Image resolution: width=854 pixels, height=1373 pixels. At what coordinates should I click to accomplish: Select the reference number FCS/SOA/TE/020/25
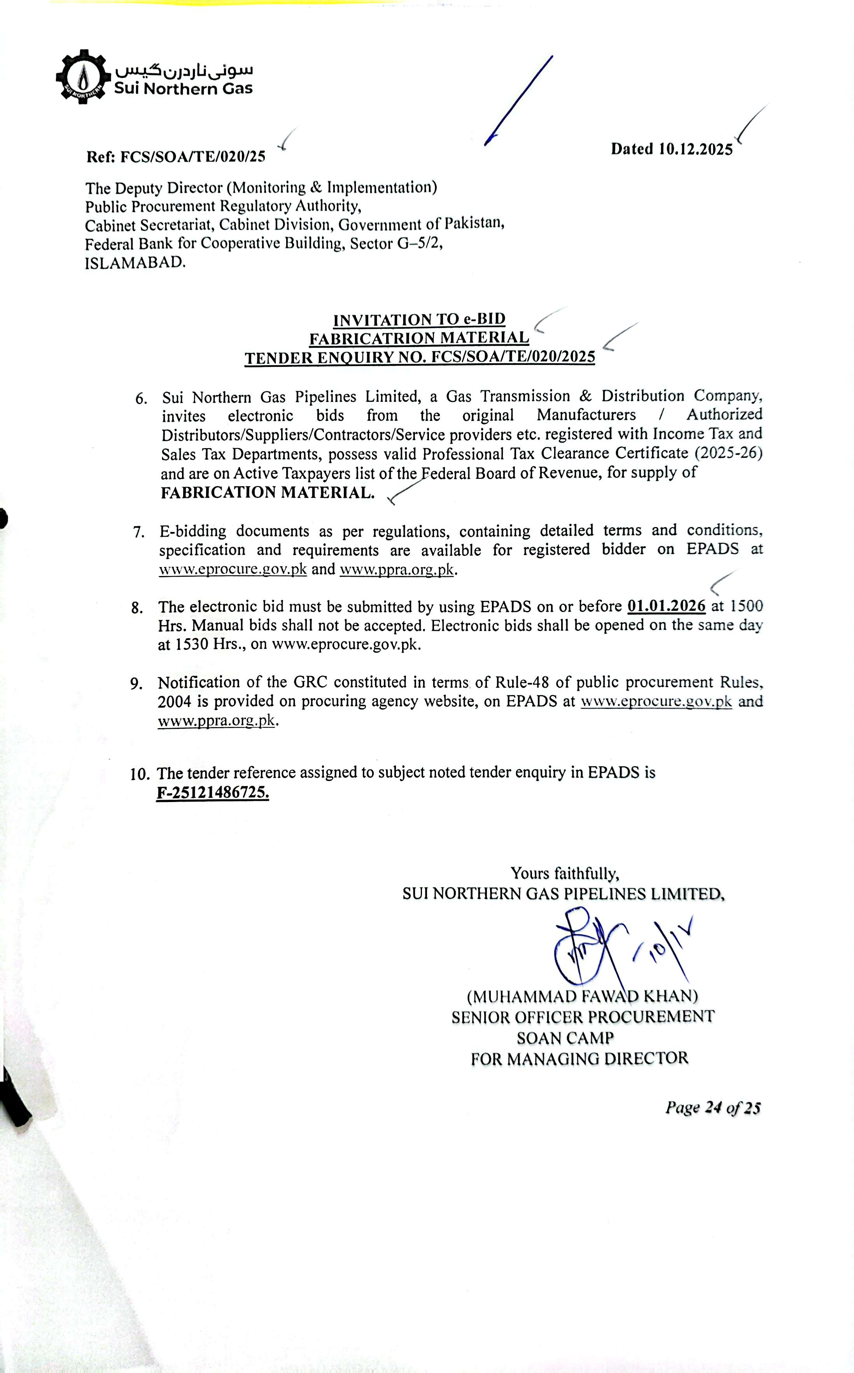pyautogui.click(x=192, y=156)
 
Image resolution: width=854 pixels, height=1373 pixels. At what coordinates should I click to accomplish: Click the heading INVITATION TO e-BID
pyautogui.click(x=419, y=320)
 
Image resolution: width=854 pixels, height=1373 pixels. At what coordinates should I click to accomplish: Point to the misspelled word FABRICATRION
pyautogui.click(x=372, y=338)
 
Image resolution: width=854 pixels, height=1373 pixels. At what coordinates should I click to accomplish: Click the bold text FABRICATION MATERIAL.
pyautogui.click(x=267, y=492)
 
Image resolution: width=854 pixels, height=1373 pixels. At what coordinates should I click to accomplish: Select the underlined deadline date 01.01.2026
pyautogui.click(x=667, y=606)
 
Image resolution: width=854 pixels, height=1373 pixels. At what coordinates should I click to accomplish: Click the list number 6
pyautogui.click(x=141, y=399)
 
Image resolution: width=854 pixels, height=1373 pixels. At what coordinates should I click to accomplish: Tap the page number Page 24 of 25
pyautogui.click(x=713, y=1108)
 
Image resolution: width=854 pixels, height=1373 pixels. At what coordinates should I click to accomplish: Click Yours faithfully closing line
pyautogui.click(x=565, y=874)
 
